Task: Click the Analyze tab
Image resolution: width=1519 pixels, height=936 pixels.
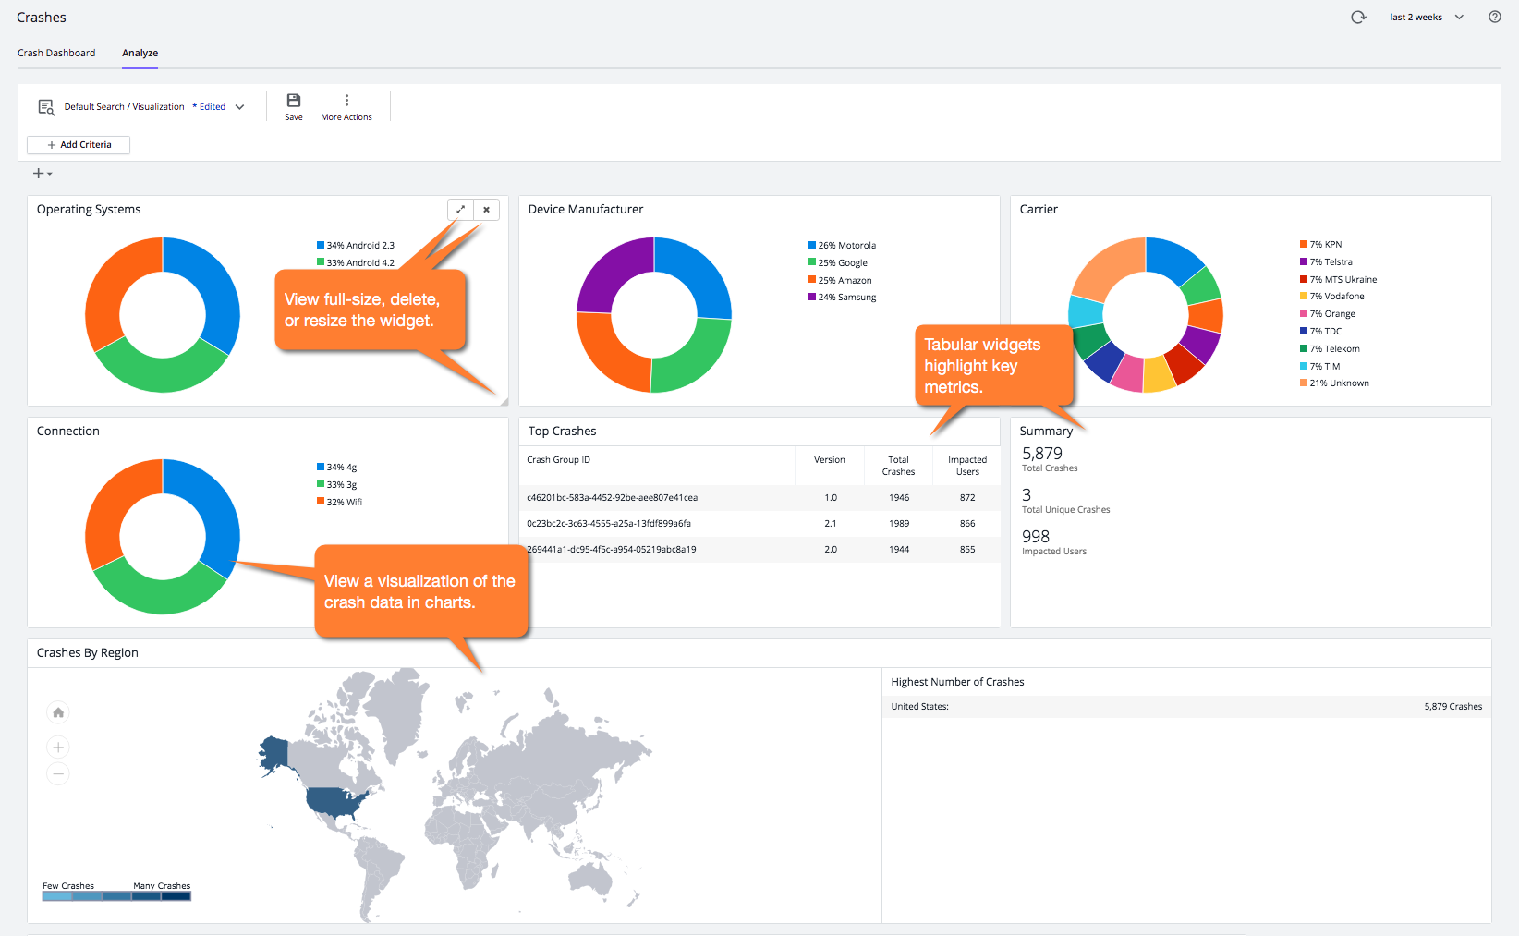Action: pos(140,53)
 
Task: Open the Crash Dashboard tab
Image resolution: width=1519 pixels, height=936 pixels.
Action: pos(56,53)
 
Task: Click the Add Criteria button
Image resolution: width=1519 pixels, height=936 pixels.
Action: pos(79,145)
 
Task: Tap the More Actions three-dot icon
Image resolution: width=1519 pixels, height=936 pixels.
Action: pos(346,101)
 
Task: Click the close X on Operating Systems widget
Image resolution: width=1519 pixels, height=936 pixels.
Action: pos(486,210)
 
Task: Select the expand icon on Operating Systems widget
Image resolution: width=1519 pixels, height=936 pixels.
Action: pos(460,210)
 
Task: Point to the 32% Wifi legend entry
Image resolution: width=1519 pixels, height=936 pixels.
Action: pos(343,503)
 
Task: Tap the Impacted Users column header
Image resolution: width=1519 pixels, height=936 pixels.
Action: pos(966,466)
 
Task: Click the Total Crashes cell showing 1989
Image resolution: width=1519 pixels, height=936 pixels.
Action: pos(898,524)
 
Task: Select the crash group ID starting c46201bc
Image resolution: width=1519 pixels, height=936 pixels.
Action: pos(612,498)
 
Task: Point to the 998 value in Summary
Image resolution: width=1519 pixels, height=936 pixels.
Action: pos(1036,537)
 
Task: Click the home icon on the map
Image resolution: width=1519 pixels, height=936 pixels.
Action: pos(58,712)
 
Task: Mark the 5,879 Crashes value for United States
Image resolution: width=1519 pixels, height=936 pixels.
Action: pos(1452,707)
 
